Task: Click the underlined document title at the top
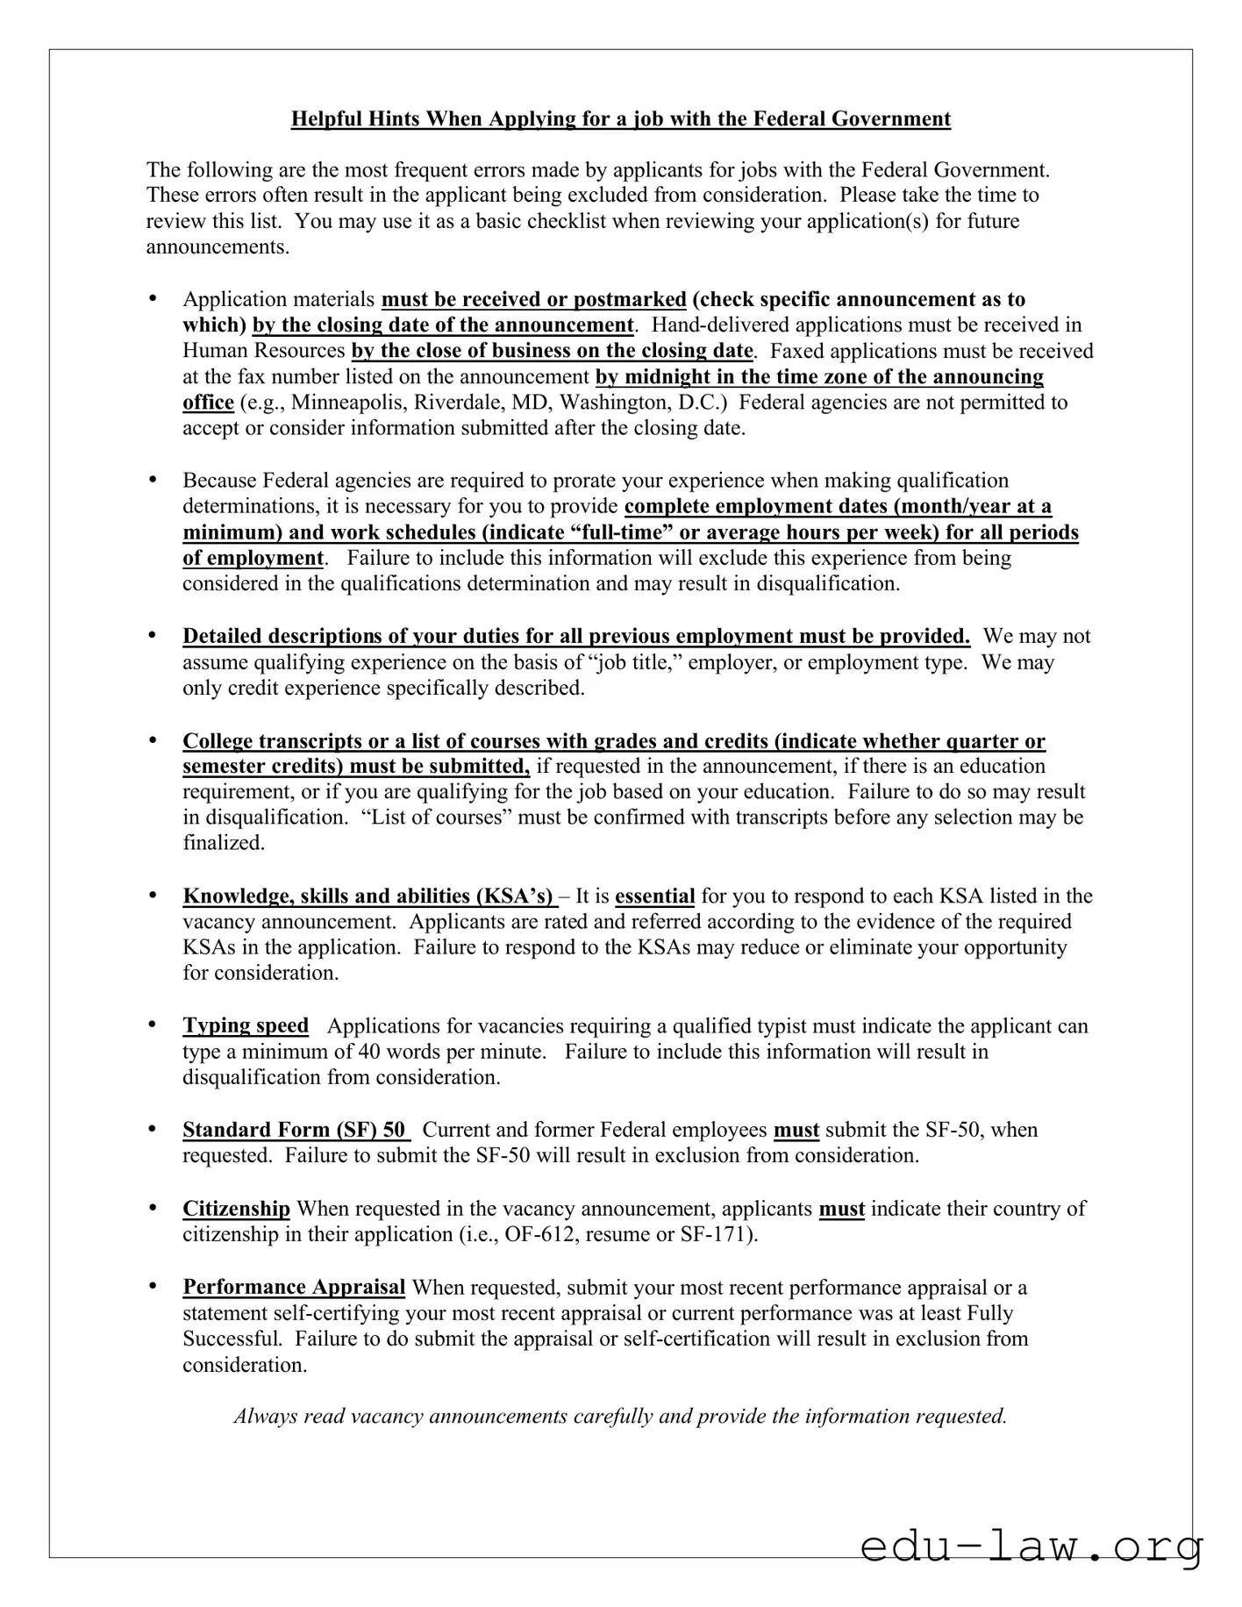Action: click(x=620, y=118)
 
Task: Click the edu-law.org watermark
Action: click(x=1031, y=1547)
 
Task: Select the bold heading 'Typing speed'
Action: click(x=246, y=1025)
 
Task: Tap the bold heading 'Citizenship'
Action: click(x=236, y=1209)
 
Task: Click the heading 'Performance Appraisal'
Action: click(x=294, y=1287)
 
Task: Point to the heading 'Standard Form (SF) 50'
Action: click(x=295, y=1130)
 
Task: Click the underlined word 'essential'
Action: click(x=655, y=896)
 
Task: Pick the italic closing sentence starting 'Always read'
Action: click(x=620, y=1417)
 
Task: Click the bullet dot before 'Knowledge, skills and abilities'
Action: click(x=153, y=895)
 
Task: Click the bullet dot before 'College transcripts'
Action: click(x=153, y=739)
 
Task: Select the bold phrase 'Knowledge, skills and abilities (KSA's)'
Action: click(x=368, y=896)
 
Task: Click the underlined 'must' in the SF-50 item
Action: click(x=796, y=1130)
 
